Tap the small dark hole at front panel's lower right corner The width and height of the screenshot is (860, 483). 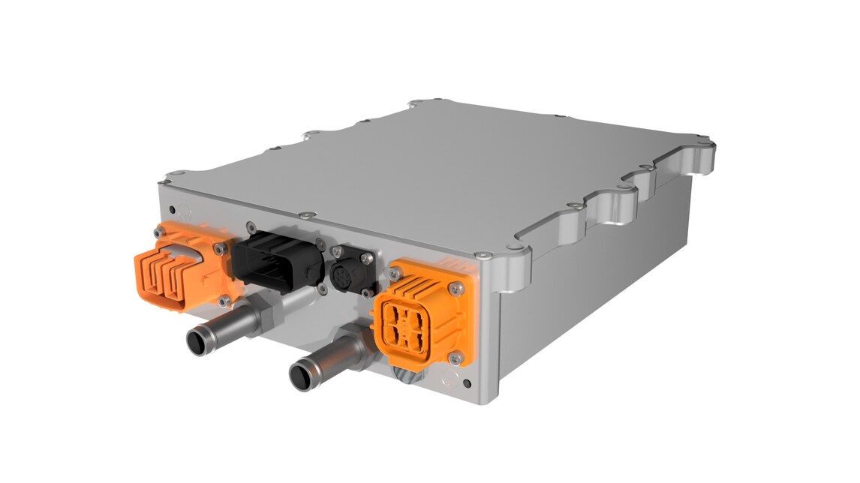[468, 384]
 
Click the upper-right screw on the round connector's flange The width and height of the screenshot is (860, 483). [367, 258]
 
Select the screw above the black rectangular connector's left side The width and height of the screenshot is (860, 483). [251, 223]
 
